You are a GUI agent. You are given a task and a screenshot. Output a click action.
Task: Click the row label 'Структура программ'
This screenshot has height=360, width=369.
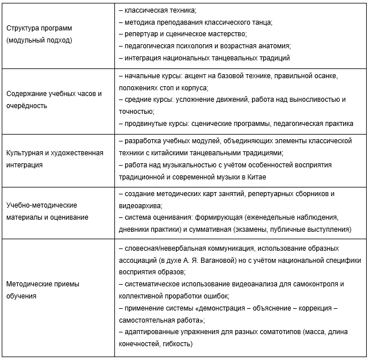click(x=39, y=28)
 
